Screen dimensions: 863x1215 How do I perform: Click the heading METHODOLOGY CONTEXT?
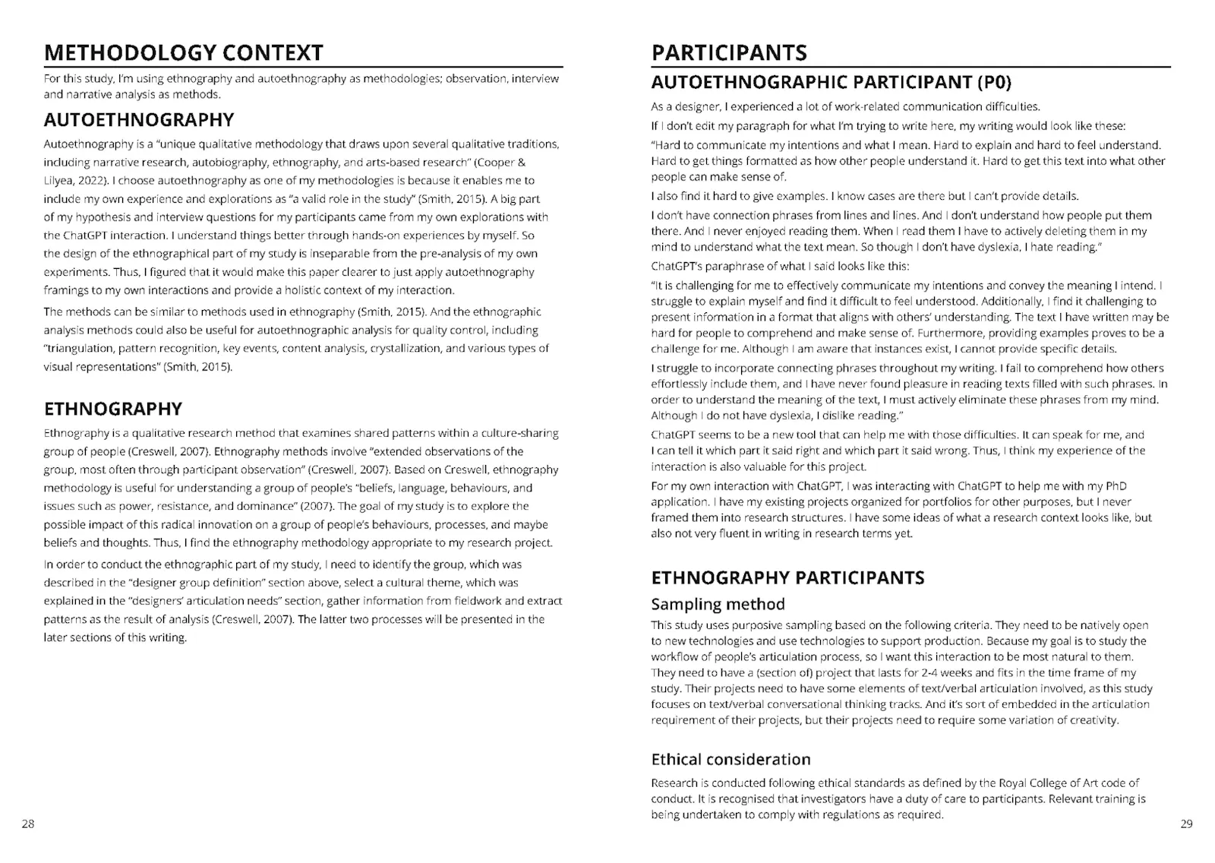pos(183,52)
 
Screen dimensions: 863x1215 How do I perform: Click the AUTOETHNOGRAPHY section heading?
pos(138,120)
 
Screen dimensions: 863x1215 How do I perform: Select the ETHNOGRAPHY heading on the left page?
pos(112,409)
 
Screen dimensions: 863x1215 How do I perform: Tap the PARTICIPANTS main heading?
pos(729,52)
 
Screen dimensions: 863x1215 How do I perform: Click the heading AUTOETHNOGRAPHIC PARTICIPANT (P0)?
pos(832,82)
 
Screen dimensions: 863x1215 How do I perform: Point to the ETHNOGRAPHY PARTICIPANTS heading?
pos(787,577)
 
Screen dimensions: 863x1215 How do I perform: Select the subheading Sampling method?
pos(718,605)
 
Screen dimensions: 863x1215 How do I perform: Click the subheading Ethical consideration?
pos(731,760)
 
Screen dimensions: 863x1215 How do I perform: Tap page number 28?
pos(28,824)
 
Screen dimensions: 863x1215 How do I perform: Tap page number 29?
pos(1186,824)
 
